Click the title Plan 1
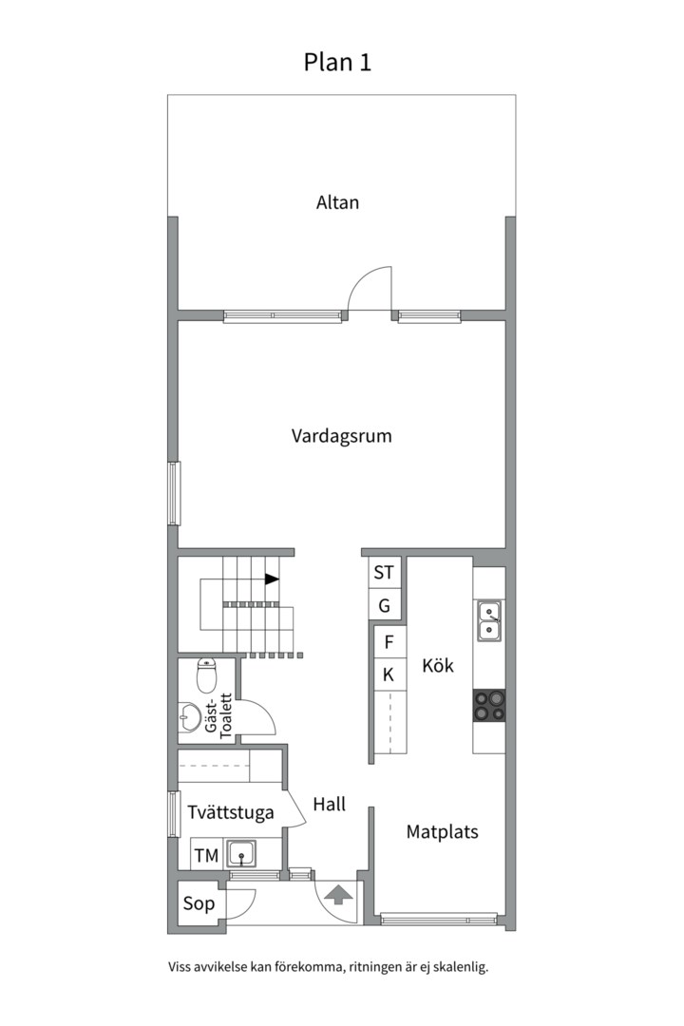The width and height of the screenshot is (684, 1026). point(337,63)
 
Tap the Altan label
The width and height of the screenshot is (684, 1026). point(337,202)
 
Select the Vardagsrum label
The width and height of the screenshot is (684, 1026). point(341,437)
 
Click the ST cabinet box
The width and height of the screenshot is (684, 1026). point(384,573)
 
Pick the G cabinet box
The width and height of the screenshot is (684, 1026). point(384,605)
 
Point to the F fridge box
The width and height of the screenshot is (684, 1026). point(388,642)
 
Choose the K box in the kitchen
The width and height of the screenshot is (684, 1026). point(388,674)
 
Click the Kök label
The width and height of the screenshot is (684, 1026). point(437,666)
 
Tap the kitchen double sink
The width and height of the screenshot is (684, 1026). point(490,619)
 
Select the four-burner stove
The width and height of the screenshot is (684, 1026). point(489,705)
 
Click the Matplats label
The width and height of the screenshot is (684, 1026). point(442,832)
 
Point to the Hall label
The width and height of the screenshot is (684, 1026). point(329,805)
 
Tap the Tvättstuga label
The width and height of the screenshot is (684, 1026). point(231,813)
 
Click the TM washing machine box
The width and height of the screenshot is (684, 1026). point(206,856)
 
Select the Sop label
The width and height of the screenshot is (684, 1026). point(199,904)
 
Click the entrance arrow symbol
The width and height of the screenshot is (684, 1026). point(338,894)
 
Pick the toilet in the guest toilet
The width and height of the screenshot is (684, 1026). point(206,675)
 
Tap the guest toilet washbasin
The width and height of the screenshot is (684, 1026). point(190,717)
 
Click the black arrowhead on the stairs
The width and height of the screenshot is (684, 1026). point(272,579)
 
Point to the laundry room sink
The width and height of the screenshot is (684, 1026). point(242,854)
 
